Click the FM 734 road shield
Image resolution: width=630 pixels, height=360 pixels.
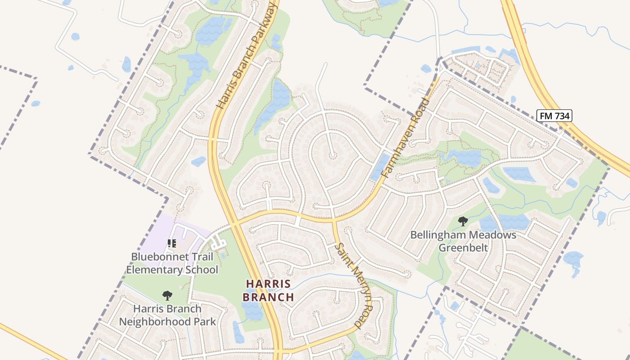point(554,116)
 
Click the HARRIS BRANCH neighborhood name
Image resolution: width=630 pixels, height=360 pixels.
point(268,290)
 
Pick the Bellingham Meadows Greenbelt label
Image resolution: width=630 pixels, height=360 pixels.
point(463,241)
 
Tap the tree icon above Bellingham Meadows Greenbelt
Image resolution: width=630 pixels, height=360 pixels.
point(463,221)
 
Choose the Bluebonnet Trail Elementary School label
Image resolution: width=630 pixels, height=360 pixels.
point(172,263)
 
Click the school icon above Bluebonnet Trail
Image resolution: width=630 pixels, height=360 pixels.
point(171,243)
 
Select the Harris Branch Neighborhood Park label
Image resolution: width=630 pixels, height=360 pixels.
point(167,315)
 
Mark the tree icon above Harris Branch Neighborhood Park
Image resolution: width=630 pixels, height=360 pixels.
point(167,296)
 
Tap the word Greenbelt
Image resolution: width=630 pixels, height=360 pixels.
point(463,248)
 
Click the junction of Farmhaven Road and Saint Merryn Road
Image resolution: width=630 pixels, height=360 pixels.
point(333,220)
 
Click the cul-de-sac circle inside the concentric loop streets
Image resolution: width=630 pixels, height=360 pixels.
point(333,156)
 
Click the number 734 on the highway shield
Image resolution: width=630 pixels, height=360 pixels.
point(561,116)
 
